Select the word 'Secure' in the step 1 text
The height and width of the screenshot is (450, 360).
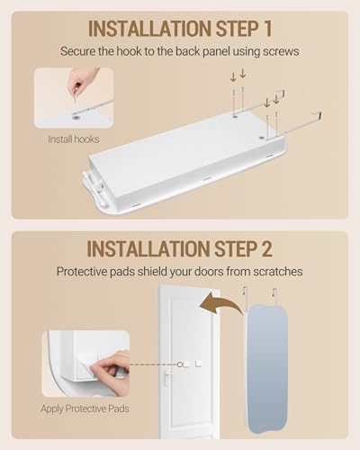(82, 51)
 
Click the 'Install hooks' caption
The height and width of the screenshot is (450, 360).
(74, 139)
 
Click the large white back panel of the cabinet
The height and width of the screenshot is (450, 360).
(180, 144)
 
